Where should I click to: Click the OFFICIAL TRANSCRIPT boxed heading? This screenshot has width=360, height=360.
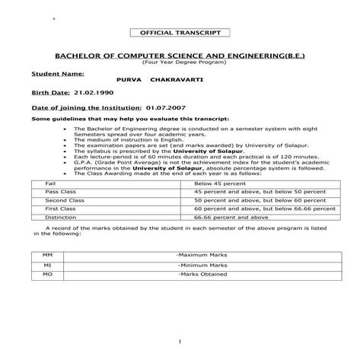[x=180, y=33]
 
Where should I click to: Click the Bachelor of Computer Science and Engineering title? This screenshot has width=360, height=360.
[x=180, y=57]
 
